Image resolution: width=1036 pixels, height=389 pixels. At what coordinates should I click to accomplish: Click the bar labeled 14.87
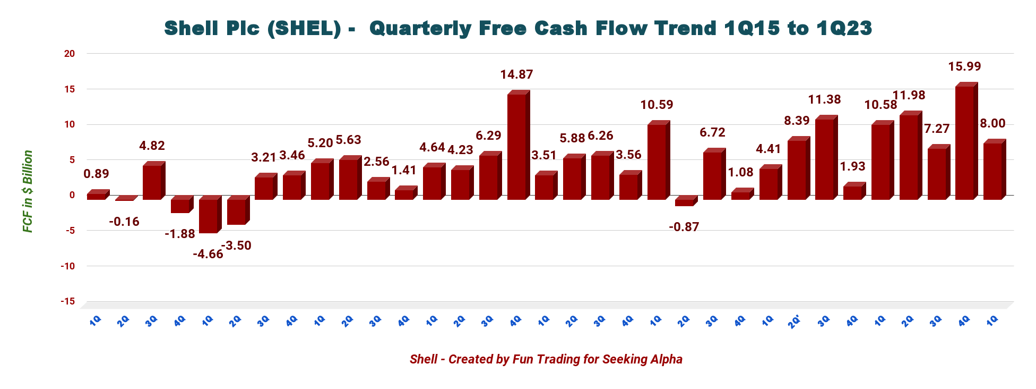point(516,147)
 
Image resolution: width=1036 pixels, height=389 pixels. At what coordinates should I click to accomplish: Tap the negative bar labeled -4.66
point(208,216)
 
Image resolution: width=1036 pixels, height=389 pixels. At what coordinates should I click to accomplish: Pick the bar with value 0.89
point(96,196)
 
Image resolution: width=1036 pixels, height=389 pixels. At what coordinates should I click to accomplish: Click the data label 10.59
point(657,105)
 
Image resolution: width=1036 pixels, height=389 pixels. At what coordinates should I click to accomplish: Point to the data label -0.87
point(684,227)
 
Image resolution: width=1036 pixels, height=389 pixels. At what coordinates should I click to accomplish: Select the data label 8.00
point(992,123)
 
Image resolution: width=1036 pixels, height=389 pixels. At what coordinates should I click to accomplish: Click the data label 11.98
point(909,95)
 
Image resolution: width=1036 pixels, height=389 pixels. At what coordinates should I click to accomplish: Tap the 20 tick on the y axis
point(69,54)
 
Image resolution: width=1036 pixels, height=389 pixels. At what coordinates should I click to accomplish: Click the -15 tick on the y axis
point(67,301)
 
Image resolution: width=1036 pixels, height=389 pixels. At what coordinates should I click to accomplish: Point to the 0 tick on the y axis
point(72,195)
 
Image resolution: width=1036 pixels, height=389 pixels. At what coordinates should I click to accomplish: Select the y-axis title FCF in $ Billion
point(28,191)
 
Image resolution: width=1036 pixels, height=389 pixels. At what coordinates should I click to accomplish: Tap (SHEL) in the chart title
point(304,28)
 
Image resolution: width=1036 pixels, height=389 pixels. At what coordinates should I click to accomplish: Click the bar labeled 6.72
point(712,175)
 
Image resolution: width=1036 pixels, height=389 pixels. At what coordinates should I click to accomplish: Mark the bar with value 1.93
point(852,192)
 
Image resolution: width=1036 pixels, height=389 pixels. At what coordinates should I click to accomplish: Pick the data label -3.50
point(236,246)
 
